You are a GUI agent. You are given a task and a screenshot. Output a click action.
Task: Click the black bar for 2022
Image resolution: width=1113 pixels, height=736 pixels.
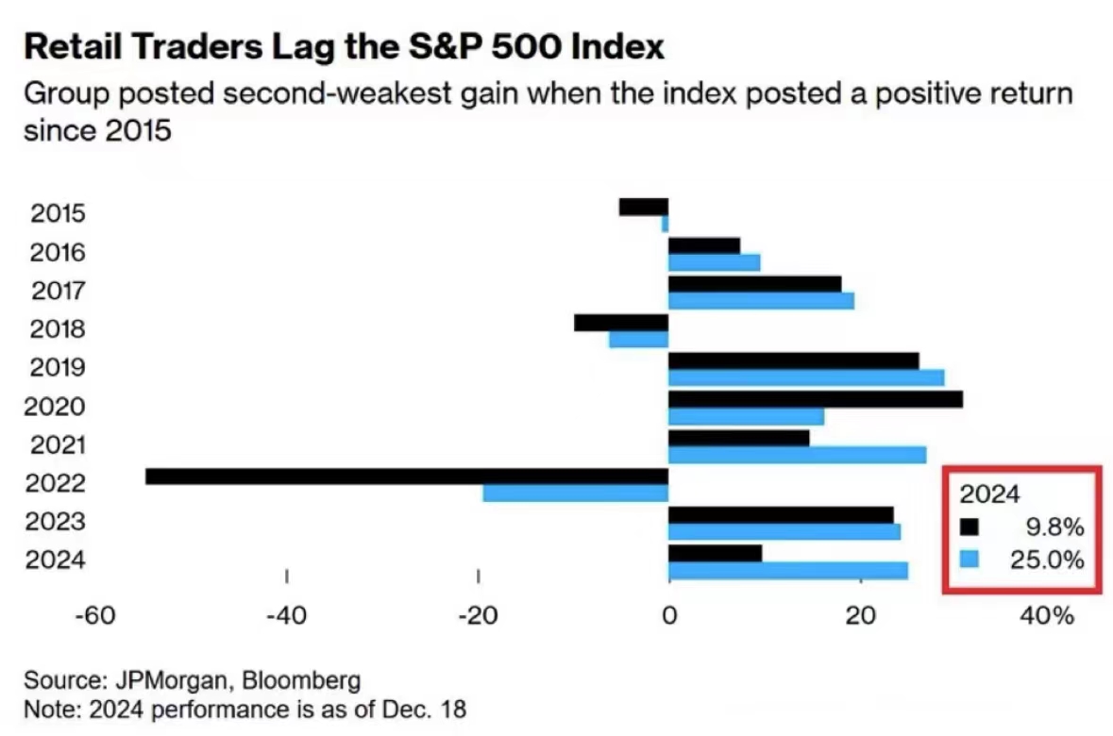tap(406, 477)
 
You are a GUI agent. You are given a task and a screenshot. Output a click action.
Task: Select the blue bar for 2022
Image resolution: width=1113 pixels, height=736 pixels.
tap(575, 493)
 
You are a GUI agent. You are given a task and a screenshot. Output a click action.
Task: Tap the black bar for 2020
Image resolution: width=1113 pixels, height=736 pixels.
tap(815, 399)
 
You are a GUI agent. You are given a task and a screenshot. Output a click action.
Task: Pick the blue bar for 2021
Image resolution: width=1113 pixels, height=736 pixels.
tap(797, 455)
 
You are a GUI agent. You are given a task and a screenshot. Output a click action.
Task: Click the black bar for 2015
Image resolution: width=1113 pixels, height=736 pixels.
tap(643, 207)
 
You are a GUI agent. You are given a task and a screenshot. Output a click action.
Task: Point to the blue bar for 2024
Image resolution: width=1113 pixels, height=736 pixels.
tap(787, 571)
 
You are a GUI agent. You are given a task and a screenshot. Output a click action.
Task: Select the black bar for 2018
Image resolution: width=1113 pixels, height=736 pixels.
tap(620, 323)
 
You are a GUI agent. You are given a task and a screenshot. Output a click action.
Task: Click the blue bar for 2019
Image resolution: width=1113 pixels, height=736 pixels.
tap(805, 377)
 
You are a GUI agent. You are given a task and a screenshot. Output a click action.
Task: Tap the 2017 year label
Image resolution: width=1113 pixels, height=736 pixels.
tap(58, 291)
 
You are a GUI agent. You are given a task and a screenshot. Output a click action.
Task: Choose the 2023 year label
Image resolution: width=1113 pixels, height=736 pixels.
tap(58, 522)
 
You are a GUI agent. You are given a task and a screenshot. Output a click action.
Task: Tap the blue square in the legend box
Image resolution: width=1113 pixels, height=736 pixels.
tap(970, 560)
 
